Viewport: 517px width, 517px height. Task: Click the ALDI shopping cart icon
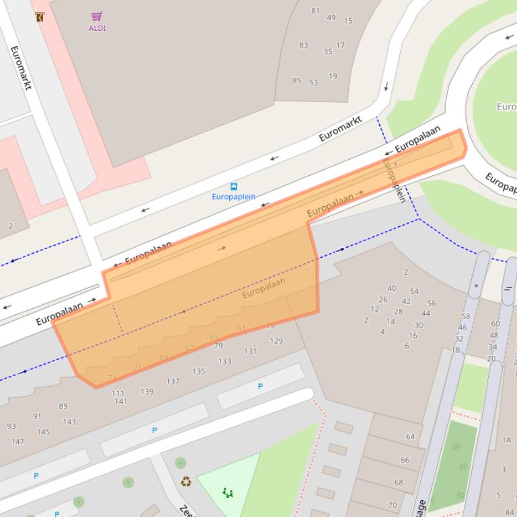97,16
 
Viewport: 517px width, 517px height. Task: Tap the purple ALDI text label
97,28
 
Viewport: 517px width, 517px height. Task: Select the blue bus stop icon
233,187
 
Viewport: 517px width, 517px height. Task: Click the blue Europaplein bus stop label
233,197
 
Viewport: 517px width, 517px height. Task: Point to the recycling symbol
186,481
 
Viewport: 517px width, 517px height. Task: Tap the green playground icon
228,493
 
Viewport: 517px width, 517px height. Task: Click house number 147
17,442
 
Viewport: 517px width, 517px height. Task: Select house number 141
120,402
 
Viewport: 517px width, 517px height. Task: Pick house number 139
147,391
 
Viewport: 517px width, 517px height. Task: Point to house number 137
173,381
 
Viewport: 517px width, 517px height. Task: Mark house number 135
198,371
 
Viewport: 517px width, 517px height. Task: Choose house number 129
276,341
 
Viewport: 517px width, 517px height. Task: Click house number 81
315,11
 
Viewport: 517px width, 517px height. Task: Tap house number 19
333,76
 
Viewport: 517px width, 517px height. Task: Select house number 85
296,81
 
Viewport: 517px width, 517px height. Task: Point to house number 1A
506,440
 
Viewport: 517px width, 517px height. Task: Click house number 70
393,505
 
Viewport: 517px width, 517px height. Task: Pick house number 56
431,303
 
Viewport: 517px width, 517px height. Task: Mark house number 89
63,406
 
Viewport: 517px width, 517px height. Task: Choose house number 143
69,422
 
